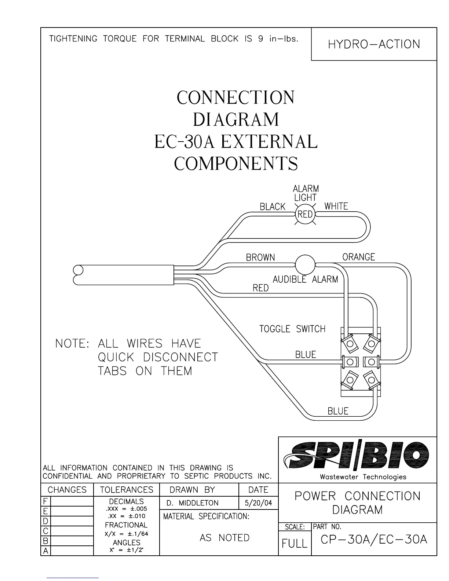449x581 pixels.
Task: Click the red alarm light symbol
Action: (305, 214)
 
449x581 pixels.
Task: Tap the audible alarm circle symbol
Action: (305, 264)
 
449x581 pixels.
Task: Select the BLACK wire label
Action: (272, 207)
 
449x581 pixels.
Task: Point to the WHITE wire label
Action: (336, 206)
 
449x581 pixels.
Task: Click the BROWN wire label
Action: (260, 257)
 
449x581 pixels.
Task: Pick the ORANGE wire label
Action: (358, 257)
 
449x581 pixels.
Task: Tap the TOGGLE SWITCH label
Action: (292, 329)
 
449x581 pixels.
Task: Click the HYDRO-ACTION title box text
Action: (374, 44)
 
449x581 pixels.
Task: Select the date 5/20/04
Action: (258, 503)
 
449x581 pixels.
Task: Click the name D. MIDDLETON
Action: (193, 503)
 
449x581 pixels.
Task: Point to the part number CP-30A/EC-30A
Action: (374, 540)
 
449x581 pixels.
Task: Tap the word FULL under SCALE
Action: (295, 543)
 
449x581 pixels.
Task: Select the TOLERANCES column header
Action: (127, 490)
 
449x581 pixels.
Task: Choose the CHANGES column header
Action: (67, 490)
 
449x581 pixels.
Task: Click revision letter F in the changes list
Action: (45, 501)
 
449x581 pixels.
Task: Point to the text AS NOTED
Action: (224, 538)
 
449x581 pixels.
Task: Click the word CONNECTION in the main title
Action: (236, 98)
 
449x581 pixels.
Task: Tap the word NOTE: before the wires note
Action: (72, 344)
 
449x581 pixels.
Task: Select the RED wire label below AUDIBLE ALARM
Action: (260, 288)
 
